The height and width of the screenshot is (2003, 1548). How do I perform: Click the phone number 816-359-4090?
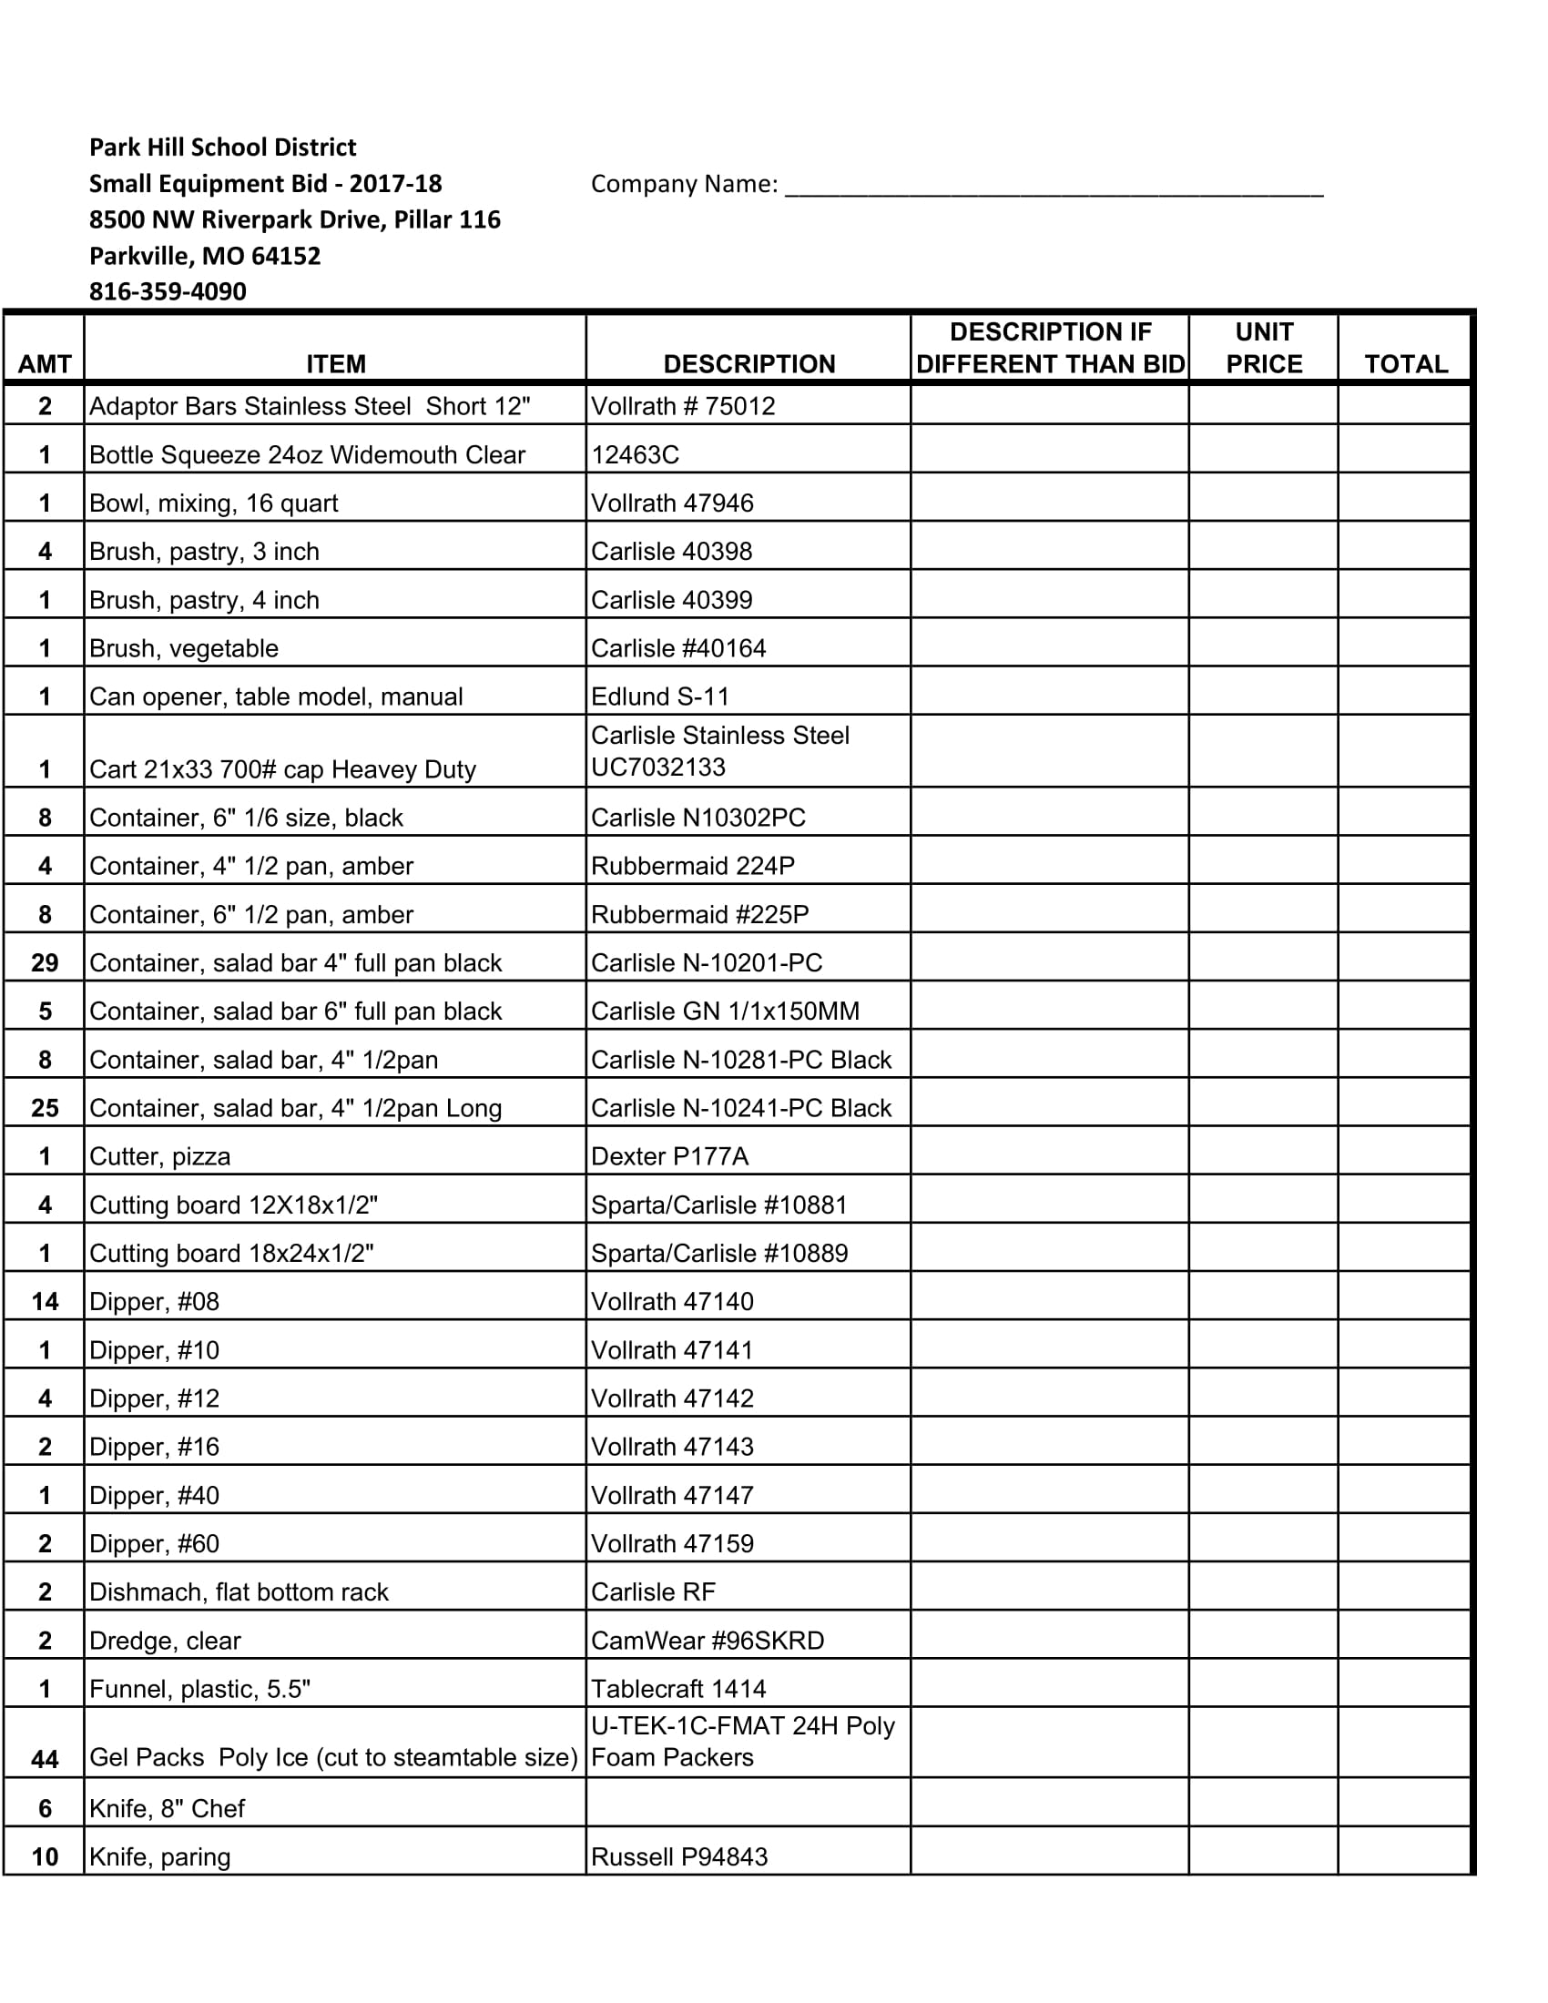[x=168, y=291]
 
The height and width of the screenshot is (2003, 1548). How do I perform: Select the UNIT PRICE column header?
[x=1263, y=348]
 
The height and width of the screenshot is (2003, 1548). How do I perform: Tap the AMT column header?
[x=44, y=364]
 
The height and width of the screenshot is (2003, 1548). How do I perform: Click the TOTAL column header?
[x=1405, y=364]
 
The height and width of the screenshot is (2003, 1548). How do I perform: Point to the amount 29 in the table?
[x=44, y=963]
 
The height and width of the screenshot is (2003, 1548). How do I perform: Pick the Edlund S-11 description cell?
[x=660, y=697]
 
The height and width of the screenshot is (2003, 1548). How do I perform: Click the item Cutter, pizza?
[x=159, y=1156]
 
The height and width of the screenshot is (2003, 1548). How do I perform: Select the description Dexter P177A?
[x=669, y=1156]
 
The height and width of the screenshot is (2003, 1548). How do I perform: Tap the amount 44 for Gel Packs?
[x=44, y=1759]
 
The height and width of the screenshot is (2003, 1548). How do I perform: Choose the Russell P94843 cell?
[x=679, y=1857]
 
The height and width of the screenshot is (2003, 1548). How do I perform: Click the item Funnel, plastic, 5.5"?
[x=200, y=1689]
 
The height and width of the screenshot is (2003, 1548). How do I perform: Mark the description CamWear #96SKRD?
[x=707, y=1641]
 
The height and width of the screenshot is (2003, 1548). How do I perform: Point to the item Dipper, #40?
[x=154, y=1496]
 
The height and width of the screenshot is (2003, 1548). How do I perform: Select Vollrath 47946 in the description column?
[x=672, y=503]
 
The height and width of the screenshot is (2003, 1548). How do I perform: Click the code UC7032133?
[x=658, y=767]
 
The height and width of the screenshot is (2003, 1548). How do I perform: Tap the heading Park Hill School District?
[x=223, y=147]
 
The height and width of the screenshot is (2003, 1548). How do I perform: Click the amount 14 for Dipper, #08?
[x=44, y=1302]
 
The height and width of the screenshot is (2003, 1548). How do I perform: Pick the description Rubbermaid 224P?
[x=692, y=867]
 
